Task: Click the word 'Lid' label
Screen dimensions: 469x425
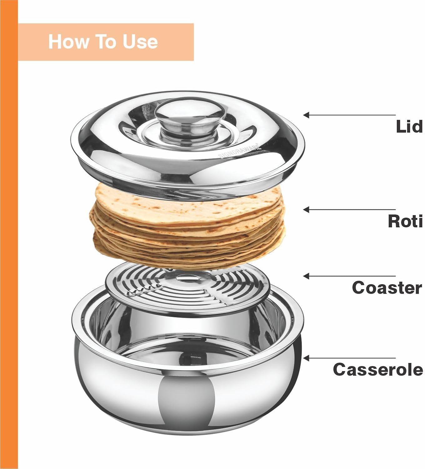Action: [409, 127]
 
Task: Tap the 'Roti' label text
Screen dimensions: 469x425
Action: [405, 221]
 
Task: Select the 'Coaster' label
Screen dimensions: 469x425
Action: [387, 288]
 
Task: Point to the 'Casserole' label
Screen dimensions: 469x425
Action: [378, 369]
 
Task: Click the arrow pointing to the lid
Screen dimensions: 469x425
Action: [349, 115]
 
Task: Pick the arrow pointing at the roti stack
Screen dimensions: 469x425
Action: [349, 209]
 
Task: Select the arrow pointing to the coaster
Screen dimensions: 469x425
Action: [349, 276]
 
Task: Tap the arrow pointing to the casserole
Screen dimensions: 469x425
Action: [349, 358]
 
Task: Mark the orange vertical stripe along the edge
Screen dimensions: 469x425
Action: [9, 234]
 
